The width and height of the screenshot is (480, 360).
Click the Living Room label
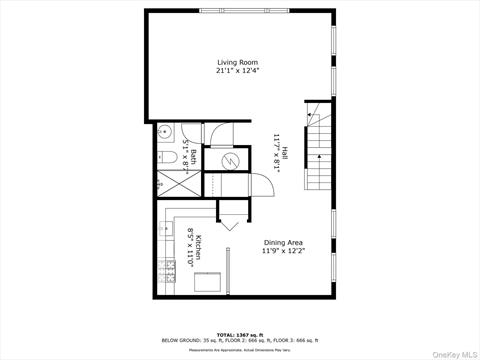coord(240,62)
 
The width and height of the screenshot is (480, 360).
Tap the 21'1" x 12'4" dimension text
coord(240,71)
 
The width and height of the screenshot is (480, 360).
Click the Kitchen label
coord(199,244)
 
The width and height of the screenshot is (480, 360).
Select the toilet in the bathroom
coord(166,158)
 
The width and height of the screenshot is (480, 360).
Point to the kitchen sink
coord(164,229)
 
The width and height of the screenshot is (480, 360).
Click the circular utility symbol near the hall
coord(228,160)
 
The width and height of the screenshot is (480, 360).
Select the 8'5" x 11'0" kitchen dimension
coord(190,244)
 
